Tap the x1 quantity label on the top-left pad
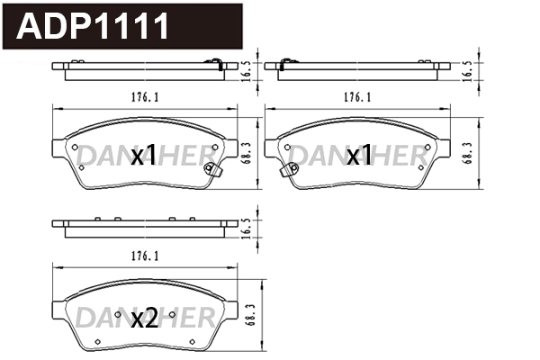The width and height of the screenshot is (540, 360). (144, 157)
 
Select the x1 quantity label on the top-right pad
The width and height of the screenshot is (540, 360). (359, 157)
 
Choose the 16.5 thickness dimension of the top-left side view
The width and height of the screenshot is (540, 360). (245, 71)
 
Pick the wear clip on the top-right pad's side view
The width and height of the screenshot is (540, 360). (284, 63)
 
